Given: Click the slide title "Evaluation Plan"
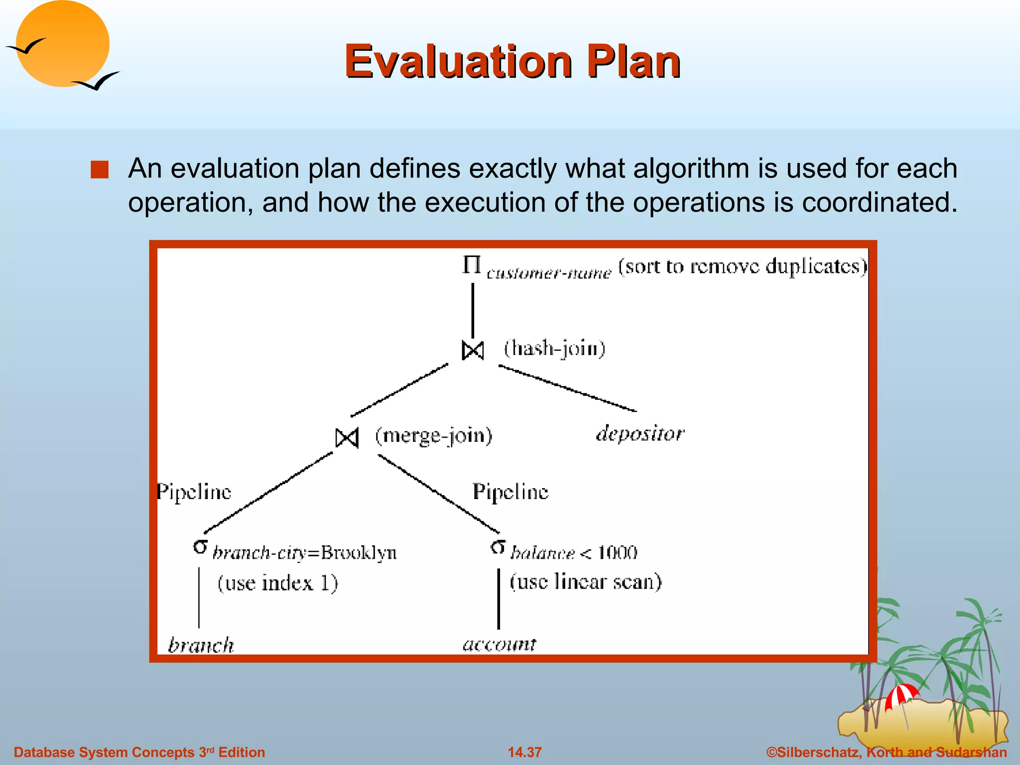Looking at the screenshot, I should pyautogui.click(x=512, y=62).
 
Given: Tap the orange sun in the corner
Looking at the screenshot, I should pyautogui.click(x=62, y=44).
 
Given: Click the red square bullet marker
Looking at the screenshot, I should pyautogui.click(x=100, y=170).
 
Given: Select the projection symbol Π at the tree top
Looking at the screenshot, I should pyautogui.click(x=471, y=265).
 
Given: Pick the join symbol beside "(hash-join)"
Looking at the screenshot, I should pyautogui.click(x=473, y=351).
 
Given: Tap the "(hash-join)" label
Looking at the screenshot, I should pyautogui.click(x=554, y=348).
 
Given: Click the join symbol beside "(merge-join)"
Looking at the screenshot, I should pyautogui.click(x=347, y=438).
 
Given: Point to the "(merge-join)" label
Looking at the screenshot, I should pyautogui.click(x=433, y=436).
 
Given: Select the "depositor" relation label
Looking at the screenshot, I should pyautogui.click(x=640, y=433).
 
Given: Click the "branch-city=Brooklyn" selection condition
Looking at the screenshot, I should pyautogui.click(x=304, y=553).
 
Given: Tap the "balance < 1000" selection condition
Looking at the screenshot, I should pyautogui.click(x=574, y=553).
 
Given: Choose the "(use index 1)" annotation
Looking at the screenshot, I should pyautogui.click(x=277, y=583).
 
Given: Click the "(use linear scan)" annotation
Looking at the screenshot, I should pyautogui.click(x=585, y=582).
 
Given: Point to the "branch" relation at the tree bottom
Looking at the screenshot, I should pyautogui.click(x=201, y=645).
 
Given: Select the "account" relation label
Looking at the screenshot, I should pyautogui.click(x=499, y=644).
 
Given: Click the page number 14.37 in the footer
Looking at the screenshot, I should pyautogui.click(x=524, y=752).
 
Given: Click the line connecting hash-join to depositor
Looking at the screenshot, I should pyautogui.click(x=568, y=388).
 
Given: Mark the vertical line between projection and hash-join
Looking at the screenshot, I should pyautogui.click(x=473, y=310).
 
